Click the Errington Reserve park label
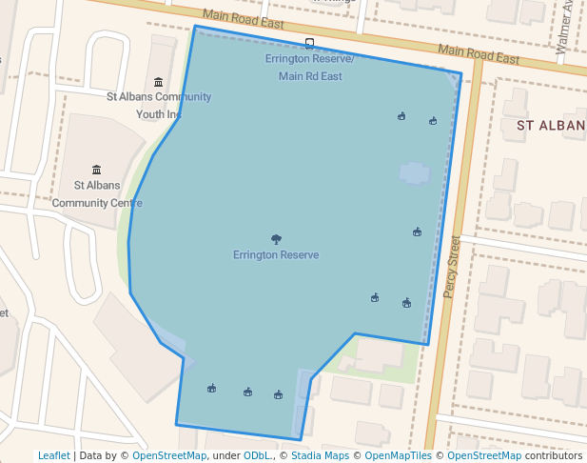[x=276, y=255]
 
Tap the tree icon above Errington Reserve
[x=276, y=239]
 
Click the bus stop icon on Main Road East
[x=309, y=43]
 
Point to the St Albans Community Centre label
[x=97, y=194]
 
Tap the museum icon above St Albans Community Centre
[x=97, y=170]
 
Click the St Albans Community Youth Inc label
[x=159, y=105]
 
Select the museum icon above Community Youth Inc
[x=158, y=82]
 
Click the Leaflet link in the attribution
[x=53, y=455]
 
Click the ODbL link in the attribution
[x=258, y=455]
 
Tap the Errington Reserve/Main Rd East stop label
[x=310, y=68]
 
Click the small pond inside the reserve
[x=414, y=172]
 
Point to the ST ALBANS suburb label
[x=551, y=125]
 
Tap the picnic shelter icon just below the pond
[x=417, y=231]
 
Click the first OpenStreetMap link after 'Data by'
[x=169, y=455]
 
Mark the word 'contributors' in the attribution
[x=553, y=455]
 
